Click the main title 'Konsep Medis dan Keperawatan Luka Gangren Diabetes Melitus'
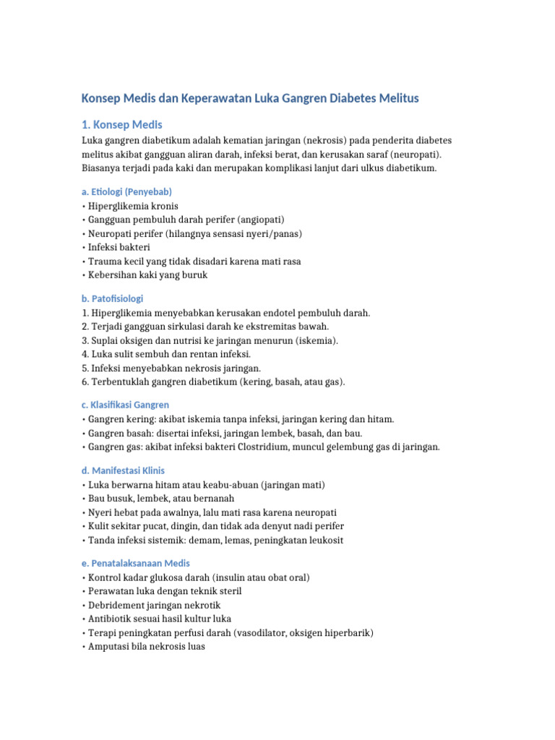coord(250,98)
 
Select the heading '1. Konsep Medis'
coord(122,125)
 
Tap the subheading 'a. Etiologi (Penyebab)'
coord(126,192)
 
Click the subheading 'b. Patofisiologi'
coord(112,298)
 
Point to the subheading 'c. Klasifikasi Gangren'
coord(125,405)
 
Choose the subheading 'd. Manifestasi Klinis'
coord(123,470)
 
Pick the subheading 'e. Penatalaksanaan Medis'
coord(135,563)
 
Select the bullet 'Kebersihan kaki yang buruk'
coord(147,275)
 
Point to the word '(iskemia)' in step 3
coord(315,340)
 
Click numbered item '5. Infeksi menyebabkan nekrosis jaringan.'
coord(171,368)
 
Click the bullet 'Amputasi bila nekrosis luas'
coord(145,647)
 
